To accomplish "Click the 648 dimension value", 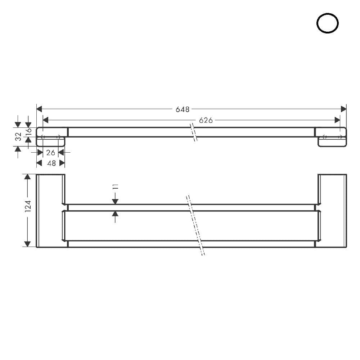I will click(183, 109).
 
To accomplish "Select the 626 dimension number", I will click(206, 120).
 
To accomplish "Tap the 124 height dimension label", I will click(28, 206).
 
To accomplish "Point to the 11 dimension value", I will click(115, 186).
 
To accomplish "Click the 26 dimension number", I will click(51, 153).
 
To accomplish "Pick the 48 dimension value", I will click(51, 163).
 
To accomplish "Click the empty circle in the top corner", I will click(327, 23).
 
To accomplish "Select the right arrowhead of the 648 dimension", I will click(343, 109).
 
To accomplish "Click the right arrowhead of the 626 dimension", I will click(337, 120).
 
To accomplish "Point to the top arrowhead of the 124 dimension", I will click(27, 177).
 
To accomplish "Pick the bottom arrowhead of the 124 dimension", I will click(27, 244).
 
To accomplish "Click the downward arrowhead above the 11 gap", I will click(115, 201).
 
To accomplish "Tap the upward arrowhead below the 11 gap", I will click(115, 214).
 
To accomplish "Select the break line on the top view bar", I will click(194, 132).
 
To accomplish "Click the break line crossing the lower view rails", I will click(195, 225).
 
